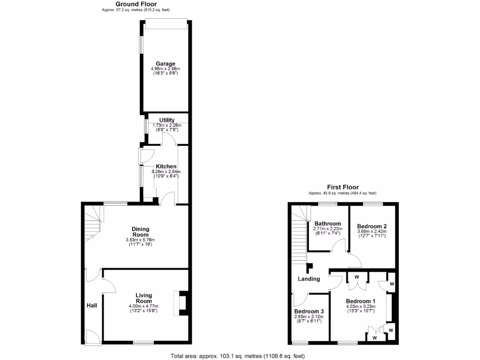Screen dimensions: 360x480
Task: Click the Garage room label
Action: pos(165,64)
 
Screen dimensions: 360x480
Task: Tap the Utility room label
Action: pos(167,120)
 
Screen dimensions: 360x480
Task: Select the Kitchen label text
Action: pos(166,166)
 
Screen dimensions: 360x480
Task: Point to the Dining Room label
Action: pos(140,232)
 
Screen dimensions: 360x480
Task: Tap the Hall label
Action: pos(92,306)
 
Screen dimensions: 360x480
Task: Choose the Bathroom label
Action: pos(328,224)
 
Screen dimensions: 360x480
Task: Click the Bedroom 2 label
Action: pos(372,226)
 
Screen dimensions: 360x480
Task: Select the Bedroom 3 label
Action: pos(309,311)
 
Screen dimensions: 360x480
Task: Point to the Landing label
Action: pos(309,279)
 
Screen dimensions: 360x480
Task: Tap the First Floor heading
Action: pos(343,187)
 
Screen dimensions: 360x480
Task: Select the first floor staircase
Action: pos(298,239)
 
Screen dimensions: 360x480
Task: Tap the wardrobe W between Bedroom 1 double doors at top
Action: pos(356,277)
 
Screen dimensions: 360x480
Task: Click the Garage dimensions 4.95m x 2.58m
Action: pos(165,69)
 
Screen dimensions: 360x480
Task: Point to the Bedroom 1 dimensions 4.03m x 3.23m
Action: pos(360,306)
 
